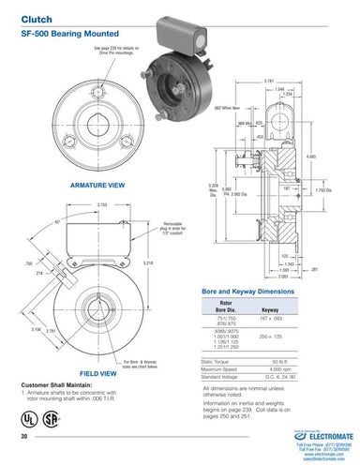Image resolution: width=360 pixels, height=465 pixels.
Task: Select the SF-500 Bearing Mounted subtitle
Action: click(61, 31)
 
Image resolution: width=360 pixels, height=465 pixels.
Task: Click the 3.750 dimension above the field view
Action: click(101, 204)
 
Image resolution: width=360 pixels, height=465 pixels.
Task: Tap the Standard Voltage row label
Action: click(223, 377)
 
